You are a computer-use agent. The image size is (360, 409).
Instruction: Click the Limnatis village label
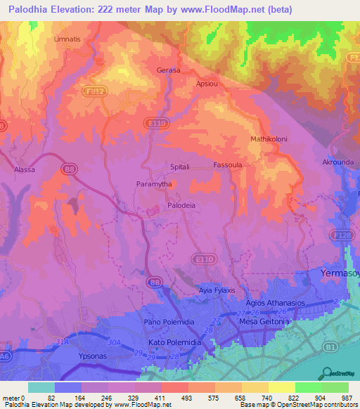pyautogui.click(x=68, y=39)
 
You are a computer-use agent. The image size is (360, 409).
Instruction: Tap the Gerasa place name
pyautogui.click(x=168, y=71)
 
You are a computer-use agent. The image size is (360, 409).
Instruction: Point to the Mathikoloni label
pyautogui.click(x=267, y=140)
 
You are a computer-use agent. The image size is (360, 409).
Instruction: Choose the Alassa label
pyautogui.click(x=25, y=169)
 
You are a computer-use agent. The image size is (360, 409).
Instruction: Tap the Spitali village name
pyautogui.click(x=181, y=167)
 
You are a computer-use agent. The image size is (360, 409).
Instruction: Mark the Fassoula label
pyautogui.click(x=228, y=166)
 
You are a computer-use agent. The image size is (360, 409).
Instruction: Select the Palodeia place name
pyautogui.click(x=181, y=205)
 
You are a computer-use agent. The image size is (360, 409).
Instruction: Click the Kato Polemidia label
pyautogui.click(x=172, y=342)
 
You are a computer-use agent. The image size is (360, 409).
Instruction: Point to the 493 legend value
pyautogui.click(x=174, y=398)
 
